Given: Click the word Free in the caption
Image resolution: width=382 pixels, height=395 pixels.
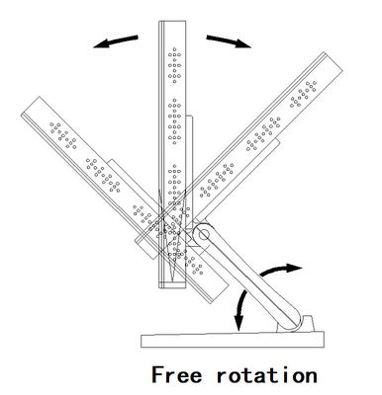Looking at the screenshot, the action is point(176,374).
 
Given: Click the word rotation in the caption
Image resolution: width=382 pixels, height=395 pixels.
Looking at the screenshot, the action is point(266,375).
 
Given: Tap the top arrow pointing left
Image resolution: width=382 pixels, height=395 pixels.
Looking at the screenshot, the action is point(116,41).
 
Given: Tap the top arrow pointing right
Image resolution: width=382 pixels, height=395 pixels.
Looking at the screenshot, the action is point(229,41).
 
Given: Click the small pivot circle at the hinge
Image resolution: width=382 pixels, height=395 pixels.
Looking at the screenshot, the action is point(204,235).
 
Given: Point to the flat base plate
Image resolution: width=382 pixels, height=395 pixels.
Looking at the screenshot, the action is point(233,340).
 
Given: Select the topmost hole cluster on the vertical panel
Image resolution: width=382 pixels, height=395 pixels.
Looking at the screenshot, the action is point(174,65).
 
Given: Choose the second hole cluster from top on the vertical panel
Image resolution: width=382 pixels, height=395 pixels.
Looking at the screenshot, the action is point(174,121).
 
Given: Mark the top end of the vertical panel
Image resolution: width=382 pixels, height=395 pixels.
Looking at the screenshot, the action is point(172,22).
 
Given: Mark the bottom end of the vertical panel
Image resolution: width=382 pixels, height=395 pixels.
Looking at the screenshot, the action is point(172,287).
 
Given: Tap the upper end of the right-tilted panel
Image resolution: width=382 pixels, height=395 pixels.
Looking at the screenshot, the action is point(334,61).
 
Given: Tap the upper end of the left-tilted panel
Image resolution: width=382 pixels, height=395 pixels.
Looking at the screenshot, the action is point(31,106).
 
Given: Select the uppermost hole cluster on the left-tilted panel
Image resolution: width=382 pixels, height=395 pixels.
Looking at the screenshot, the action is point(63,135).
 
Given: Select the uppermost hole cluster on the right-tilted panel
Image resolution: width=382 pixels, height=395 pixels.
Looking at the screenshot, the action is point(303,94).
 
